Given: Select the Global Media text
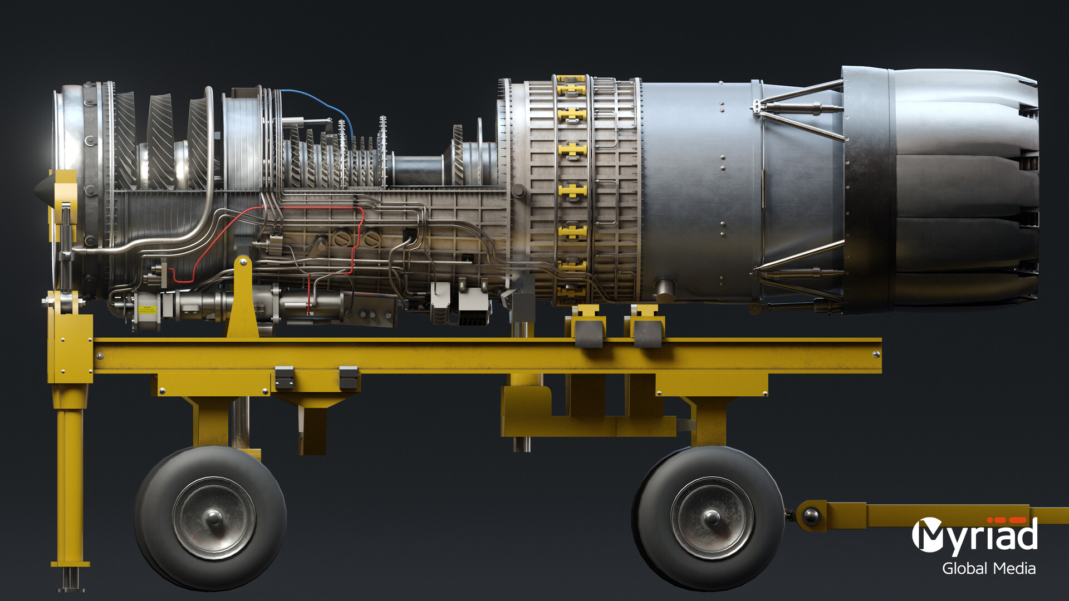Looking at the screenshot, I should [989, 568].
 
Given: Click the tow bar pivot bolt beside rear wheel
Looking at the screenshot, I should [811, 516].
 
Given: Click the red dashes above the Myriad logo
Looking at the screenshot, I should [1007, 520].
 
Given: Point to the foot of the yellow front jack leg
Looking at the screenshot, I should [71, 579].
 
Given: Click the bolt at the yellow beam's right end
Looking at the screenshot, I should [875, 354].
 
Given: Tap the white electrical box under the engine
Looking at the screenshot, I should [473, 303].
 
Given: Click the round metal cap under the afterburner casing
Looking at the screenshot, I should [664, 289].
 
